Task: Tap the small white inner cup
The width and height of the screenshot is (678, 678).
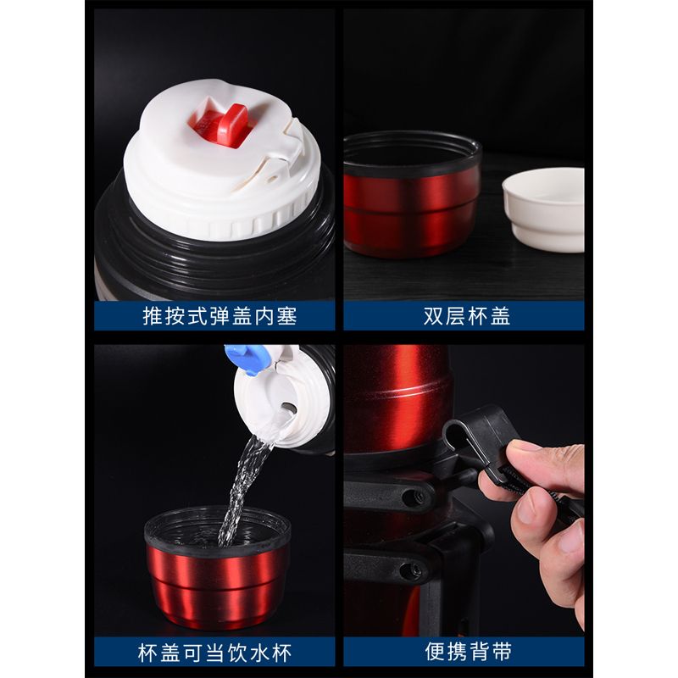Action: [543, 209]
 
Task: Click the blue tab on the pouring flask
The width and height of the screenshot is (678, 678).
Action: [246, 358]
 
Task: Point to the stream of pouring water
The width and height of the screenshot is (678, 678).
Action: [242, 488]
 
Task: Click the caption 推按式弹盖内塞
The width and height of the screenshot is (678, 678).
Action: [220, 316]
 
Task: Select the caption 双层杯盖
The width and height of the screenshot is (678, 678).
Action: [467, 316]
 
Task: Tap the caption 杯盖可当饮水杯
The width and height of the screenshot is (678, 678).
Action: [215, 653]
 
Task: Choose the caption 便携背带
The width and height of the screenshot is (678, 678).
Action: [469, 652]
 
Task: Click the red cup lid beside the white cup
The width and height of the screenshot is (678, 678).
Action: [412, 194]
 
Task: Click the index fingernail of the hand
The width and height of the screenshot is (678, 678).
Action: [527, 507]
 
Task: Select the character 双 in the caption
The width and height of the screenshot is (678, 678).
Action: [433, 316]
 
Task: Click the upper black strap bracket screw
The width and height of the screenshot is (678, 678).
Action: [411, 497]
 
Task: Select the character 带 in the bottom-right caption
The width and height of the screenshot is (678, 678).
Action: [502, 652]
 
